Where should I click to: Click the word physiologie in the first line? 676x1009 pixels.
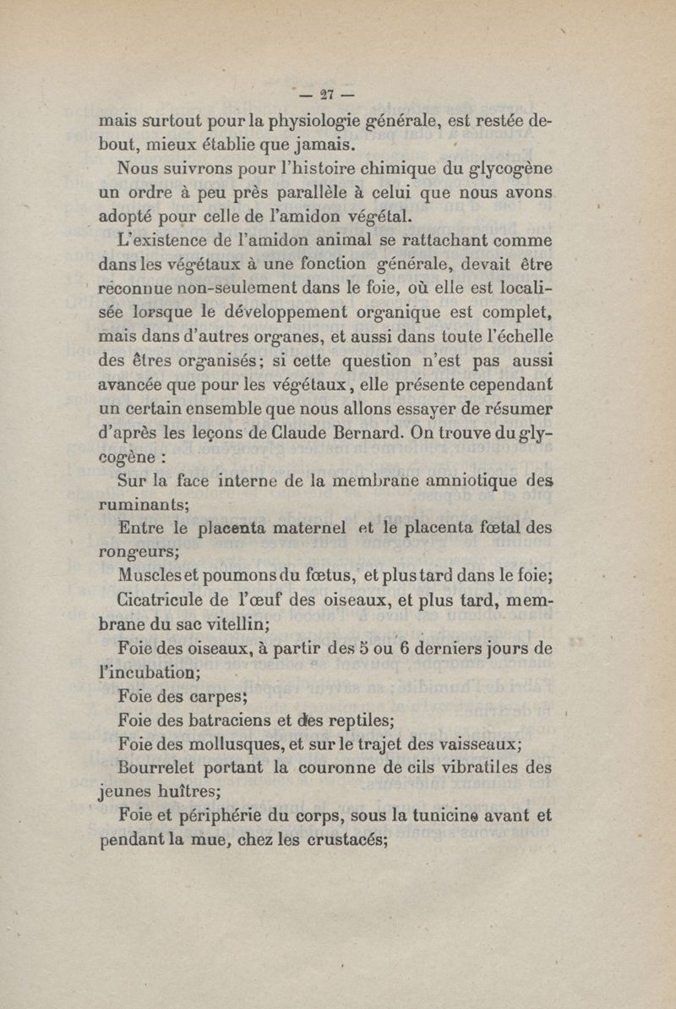pyautogui.click(x=301, y=120)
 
